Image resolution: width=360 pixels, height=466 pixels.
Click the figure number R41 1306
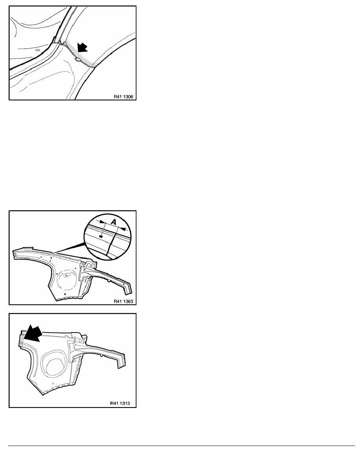(123, 96)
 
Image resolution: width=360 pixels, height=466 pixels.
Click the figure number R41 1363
(123, 301)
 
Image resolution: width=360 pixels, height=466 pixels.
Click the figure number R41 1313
(120, 403)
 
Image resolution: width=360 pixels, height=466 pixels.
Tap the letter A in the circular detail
(113, 221)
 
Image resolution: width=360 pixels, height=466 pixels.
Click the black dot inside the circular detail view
(101, 236)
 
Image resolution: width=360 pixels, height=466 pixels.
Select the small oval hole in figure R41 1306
(37, 50)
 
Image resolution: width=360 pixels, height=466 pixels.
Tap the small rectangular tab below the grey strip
(77, 60)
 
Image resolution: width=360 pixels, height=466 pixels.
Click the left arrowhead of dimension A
(102, 222)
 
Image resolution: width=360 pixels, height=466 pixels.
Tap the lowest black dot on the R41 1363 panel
(65, 294)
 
